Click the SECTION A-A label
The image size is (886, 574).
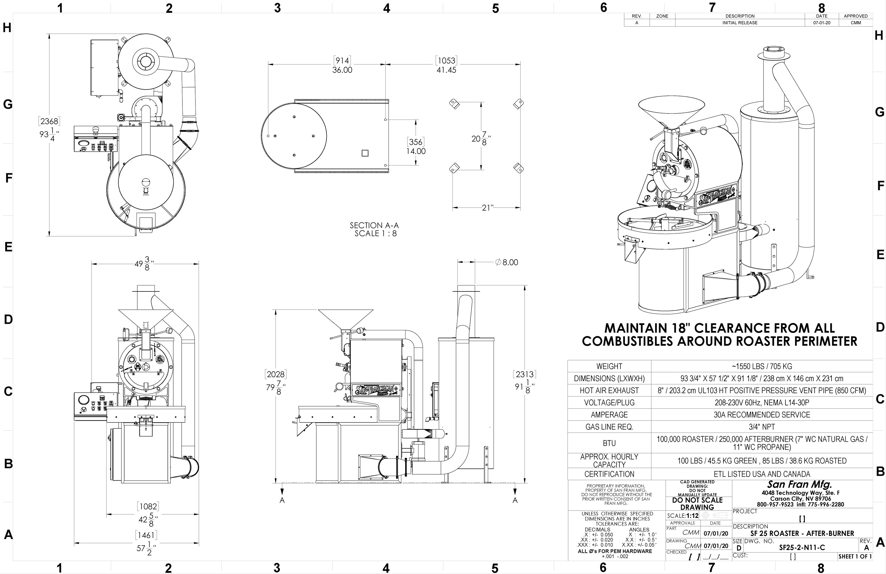point(374,225)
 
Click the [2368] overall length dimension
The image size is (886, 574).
point(49,121)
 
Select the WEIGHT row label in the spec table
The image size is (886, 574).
point(609,366)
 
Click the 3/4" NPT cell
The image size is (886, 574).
point(762,427)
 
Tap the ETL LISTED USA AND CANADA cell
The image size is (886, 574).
point(762,474)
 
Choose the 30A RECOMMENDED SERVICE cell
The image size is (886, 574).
point(762,415)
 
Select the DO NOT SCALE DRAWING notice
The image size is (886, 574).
point(697,504)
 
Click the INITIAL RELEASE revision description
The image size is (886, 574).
point(740,23)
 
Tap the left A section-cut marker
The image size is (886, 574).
point(282,500)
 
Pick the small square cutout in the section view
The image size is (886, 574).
point(365,153)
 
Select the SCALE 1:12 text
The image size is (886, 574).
point(683,516)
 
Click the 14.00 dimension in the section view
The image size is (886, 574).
point(416,151)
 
